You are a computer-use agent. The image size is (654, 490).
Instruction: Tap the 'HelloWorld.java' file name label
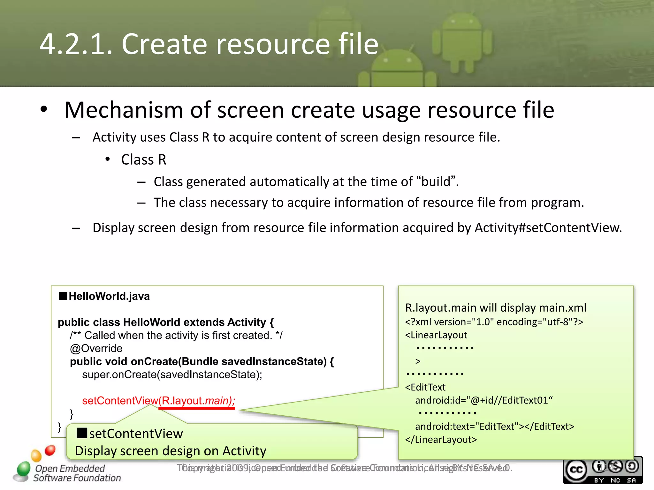coord(109,296)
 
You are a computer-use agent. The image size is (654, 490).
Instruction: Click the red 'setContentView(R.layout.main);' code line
coord(158,401)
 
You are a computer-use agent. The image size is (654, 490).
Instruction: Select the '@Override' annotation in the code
coord(96,348)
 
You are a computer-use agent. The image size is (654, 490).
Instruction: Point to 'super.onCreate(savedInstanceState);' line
coord(172,375)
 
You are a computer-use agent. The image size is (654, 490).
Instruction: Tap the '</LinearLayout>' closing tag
coord(441,440)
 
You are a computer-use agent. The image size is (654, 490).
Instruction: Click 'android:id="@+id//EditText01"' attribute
coord(483,400)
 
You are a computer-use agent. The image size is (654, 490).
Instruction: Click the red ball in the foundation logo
coord(50,450)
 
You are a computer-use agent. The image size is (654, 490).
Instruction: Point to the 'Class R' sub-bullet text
coord(144,160)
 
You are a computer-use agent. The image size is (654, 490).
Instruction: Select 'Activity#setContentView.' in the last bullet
coord(548,228)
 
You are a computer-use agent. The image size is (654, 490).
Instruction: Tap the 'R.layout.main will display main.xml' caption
coord(496,308)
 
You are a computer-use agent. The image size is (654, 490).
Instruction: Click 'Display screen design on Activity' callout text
coord(171,451)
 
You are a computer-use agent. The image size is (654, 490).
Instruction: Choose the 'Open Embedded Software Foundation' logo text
coord(77,473)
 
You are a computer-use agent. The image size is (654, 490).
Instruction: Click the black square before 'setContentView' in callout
coord(82,433)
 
